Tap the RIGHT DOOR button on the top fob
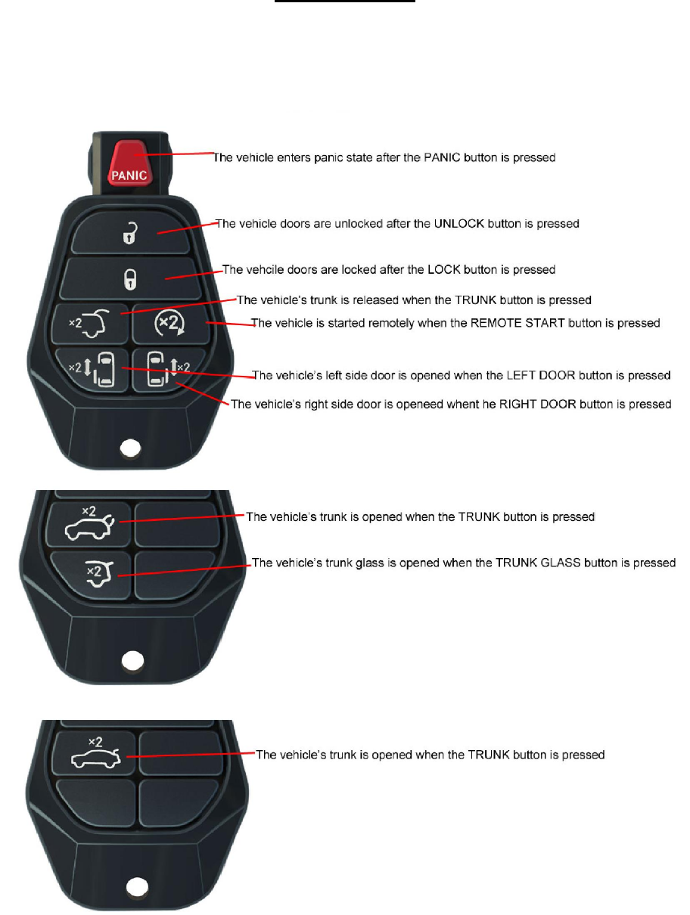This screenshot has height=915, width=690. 167,369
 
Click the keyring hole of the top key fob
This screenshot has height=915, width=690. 132,447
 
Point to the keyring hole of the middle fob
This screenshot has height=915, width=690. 134,661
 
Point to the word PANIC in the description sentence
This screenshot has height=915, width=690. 421,158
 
